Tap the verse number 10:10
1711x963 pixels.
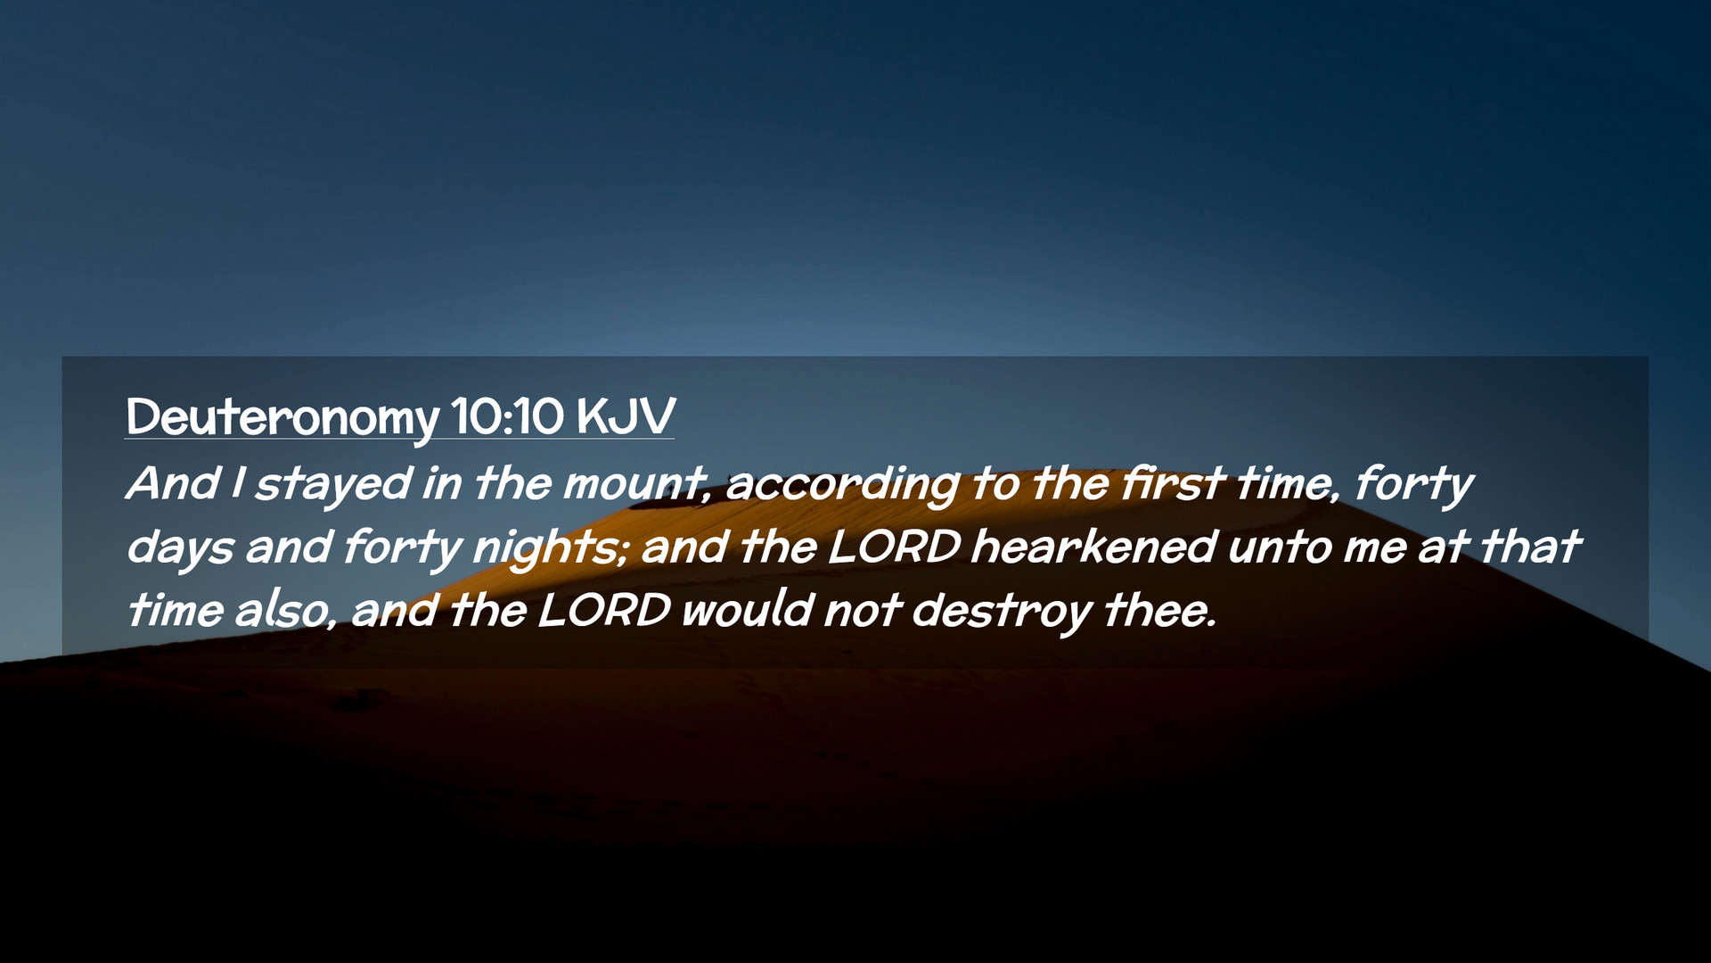[x=507, y=416]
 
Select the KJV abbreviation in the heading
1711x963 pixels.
[x=626, y=416]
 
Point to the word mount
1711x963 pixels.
[x=635, y=484]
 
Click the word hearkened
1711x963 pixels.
[x=1093, y=546]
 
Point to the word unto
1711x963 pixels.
[x=1279, y=547]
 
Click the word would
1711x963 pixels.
[x=747, y=611]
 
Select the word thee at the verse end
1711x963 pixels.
[x=1158, y=611]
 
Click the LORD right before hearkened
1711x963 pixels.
[x=894, y=547]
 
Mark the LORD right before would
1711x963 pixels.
[x=603, y=611]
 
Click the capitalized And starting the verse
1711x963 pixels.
[x=173, y=483]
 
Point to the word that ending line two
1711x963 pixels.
[x=1530, y=547]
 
